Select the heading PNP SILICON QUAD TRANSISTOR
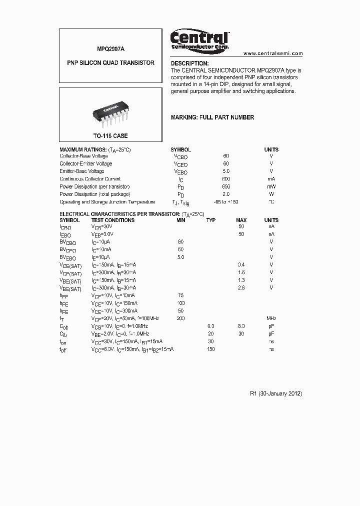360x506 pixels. point(110,63)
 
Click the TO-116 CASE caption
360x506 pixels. point(110,136)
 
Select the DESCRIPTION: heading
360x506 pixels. point(189,63)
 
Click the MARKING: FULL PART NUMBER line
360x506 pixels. point(212,117)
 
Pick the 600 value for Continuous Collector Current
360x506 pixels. point(226,179)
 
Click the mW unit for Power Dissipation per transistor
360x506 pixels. point(271,186)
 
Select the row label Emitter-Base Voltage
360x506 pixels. point(82,171)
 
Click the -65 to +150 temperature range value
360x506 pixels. point(226,202)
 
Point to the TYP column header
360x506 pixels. point(211,220)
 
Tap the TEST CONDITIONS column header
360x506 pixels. point(112,220)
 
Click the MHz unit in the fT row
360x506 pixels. point(271,318)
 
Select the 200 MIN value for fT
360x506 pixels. point(181,318)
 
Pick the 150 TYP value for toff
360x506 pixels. point(211,349)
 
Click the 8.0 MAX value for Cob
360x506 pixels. point(241,326)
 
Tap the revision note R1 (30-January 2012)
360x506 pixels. point(275,393)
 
